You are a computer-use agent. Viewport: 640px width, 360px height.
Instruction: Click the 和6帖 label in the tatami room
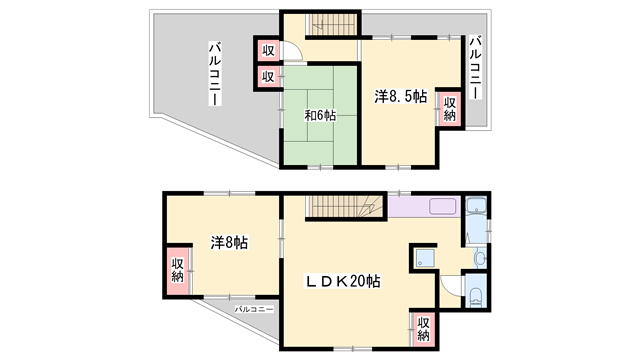(321, 115)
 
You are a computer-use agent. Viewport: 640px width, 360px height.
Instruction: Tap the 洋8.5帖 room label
(401, 97)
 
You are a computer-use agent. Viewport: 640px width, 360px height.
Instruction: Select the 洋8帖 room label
(229, 243)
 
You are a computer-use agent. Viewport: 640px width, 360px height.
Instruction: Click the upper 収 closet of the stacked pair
(269, 50)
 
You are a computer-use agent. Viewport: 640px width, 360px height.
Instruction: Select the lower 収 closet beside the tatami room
(269, 76)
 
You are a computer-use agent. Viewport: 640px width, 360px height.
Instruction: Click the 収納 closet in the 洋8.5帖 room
(450, 109)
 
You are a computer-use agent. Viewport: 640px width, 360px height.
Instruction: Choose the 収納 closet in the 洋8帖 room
(177, 269)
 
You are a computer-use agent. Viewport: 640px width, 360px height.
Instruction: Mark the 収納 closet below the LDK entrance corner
(424, 327)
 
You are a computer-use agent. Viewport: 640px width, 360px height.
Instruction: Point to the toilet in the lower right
(475, 297)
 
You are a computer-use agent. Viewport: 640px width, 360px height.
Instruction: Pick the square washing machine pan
(424, 258)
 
